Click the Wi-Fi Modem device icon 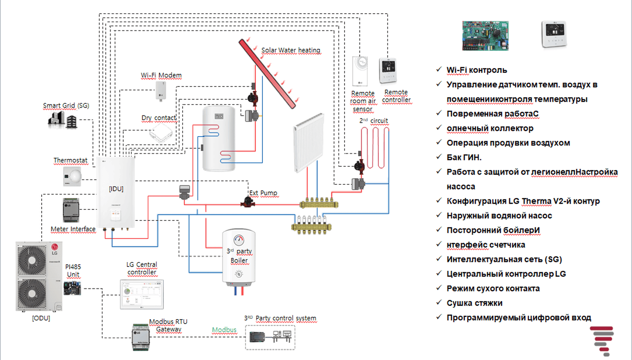pyautogui.click(x=161, y=92)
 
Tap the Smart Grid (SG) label pyautogui.click(x=65, y=106)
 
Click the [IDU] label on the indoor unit pyautogui.click(x=116, y=189)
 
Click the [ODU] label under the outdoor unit pyautogui.click(x=41, y=318)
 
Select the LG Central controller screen pyautogui.click(x=142, y=294)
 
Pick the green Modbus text pyautogui.click(x=224, y=330)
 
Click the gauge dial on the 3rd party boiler pyautogui.click(x=239, y=241)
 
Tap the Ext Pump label pyautogui.click(x=263, y=193)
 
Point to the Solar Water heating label pyautogui.click(x=291, y=50)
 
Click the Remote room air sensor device pyautogui.click(x=363, y=71)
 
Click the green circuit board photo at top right pyautogui.click(x=485, y=36)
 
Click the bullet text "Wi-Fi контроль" pyautogui.click(x=477, y=70)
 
